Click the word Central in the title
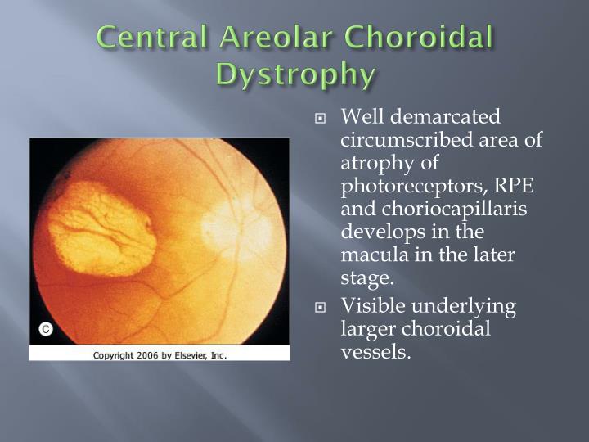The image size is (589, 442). (146, 38)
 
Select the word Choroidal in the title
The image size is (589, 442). (421, 38)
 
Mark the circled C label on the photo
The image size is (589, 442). (47, 329)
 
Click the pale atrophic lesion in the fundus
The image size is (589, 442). (101, 227)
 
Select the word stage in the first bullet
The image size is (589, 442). (365, 277)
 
